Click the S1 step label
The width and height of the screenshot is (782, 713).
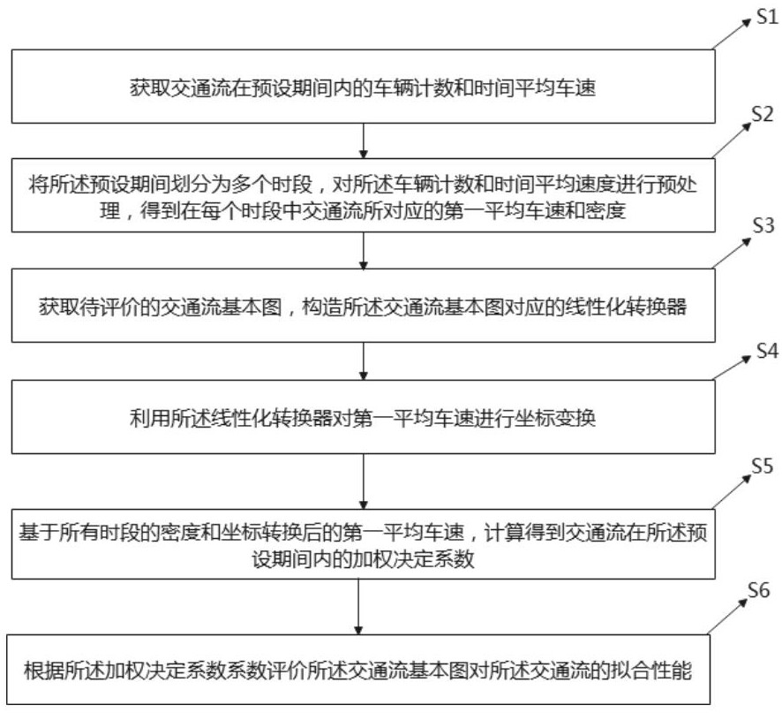[x=764, y=17]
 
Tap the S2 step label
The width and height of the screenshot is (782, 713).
[x=763, y=114]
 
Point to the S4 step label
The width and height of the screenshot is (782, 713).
[x=765, y=351]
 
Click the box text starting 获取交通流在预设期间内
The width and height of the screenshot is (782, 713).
[x=362, y=87]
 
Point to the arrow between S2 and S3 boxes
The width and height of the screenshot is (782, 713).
[x=362, y=253]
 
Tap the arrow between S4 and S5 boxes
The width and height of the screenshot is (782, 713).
[x=362, y=481]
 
